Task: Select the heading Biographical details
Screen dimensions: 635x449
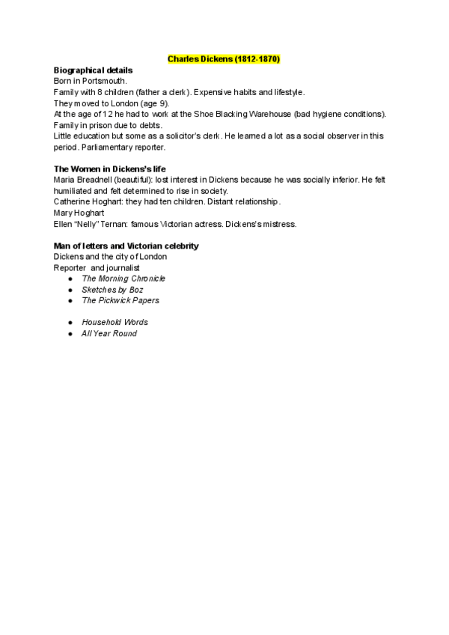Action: coord(94,70)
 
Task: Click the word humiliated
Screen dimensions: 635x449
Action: coord(72,191)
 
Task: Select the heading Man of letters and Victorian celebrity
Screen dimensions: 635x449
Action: coord(126,246)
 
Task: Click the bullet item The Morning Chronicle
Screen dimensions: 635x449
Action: coord(123,279)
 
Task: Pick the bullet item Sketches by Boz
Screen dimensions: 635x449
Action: coord(112,289)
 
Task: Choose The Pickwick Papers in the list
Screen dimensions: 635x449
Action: coord(120,300)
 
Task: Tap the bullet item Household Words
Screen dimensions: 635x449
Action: coord(114,322)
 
